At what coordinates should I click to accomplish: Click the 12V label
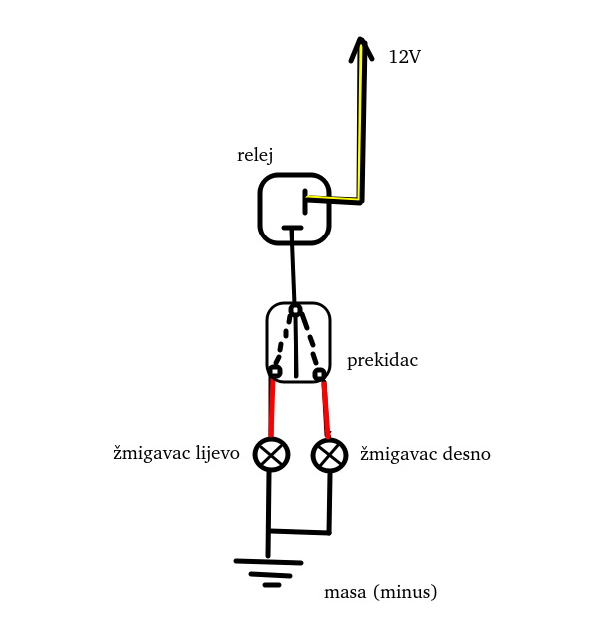point(404,57)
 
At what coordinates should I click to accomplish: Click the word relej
point(255,155)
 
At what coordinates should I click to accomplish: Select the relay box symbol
point(294,208)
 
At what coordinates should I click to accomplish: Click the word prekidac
point(382,360)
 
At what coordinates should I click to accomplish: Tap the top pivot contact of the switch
point(294,311)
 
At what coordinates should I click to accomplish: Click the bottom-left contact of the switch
point(275,372)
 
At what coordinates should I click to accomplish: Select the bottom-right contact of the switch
point(319,374)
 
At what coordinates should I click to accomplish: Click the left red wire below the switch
point(272,407)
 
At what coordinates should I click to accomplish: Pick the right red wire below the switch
point(325,407)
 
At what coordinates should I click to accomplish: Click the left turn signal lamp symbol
point(271,455)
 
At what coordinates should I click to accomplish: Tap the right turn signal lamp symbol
point(329,456)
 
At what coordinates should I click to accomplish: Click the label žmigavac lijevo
point(176,454)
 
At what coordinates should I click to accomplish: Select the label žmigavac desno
point(425,454)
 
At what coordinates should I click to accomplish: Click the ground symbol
point(269,571)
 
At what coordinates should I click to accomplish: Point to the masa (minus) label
point(380,593)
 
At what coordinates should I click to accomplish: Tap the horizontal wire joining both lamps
point(298,532)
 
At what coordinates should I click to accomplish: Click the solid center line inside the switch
point(297,348)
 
